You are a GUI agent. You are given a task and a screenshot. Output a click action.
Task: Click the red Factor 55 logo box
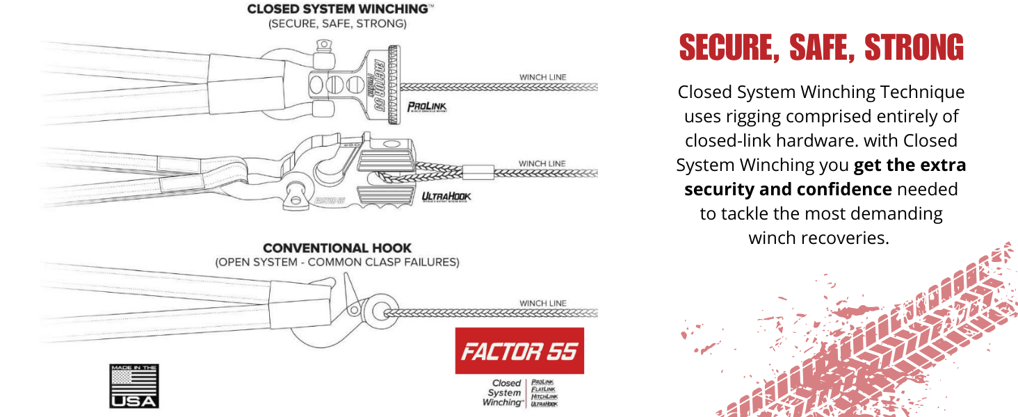(519, 351)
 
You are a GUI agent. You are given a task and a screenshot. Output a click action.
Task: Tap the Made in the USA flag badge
(134, 386)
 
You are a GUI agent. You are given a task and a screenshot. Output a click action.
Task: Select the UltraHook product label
(446, 197)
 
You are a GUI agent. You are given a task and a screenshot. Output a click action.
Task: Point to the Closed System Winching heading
(337, 10)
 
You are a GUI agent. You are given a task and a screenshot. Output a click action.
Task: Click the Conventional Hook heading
(337, 247)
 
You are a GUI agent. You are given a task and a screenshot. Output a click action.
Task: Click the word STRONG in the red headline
(914, 49)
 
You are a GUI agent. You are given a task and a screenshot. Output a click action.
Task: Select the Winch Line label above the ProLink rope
(542, 76)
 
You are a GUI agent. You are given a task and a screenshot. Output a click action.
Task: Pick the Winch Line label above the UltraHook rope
(542, 163)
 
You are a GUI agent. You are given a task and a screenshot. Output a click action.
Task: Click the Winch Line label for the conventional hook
(542, 303)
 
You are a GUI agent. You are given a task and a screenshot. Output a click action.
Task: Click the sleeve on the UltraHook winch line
(478, 170)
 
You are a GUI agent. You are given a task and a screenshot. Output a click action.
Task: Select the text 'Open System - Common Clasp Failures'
(337, 262)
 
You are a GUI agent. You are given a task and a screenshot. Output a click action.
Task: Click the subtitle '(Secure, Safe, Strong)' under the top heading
(337, 24)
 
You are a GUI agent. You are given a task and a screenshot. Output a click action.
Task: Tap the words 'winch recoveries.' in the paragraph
(818, 238)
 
